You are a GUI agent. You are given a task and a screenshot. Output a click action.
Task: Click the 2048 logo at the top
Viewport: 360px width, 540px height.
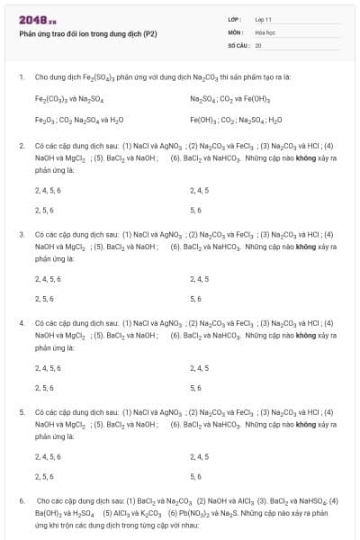point(38,20)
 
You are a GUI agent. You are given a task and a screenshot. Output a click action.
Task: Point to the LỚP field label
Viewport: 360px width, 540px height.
point(236,19)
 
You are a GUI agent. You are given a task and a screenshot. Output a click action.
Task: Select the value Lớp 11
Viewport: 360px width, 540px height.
point(263,19)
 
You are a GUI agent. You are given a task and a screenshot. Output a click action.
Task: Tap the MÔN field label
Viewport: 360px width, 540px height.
point(236,31)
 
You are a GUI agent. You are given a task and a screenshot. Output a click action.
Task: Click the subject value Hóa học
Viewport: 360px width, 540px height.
point(265,31)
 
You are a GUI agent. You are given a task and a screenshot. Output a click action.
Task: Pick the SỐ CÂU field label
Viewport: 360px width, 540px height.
point(238,44)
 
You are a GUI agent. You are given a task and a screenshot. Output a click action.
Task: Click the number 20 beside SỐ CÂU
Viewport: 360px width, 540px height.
point(258,44)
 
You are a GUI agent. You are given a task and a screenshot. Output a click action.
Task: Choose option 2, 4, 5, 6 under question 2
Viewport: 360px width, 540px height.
point(48,190)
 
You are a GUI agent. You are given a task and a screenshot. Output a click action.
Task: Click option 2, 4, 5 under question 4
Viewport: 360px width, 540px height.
point(200,367)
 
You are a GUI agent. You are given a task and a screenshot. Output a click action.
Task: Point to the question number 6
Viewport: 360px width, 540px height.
point(22,499)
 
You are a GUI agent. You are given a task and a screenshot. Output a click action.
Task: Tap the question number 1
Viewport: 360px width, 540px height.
point(22,76)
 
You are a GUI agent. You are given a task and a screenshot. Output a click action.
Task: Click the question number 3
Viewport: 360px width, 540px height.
point(22,234)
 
